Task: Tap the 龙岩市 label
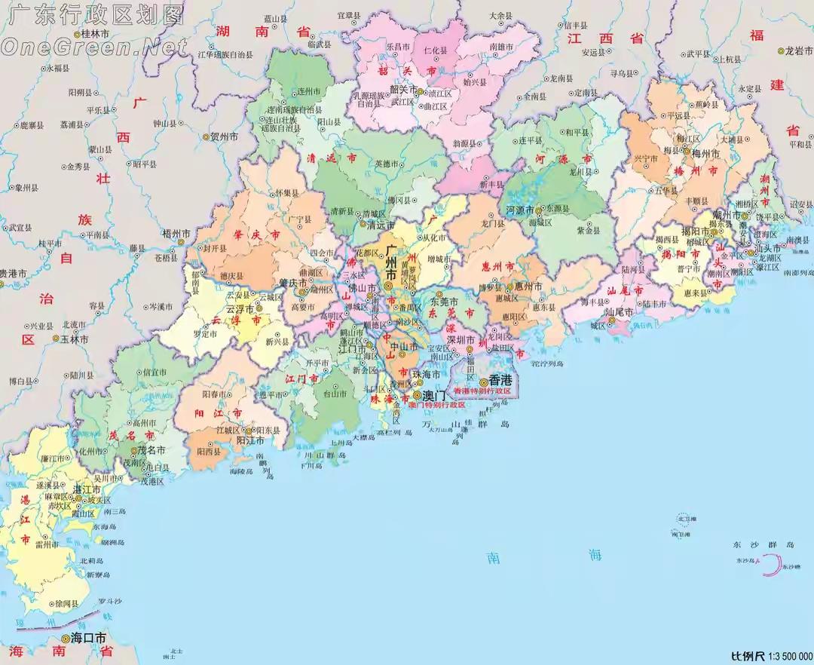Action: click(796, 51)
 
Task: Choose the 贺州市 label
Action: click(224, 137)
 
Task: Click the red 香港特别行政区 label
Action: click(482, 392)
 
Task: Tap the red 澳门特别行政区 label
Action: click(436, 405)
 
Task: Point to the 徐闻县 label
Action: click(66, 604)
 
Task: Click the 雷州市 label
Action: click(47, 543)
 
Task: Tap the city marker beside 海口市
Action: click(65, 638)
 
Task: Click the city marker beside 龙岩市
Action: click(781, 51)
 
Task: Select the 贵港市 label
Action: click(14, 273)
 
